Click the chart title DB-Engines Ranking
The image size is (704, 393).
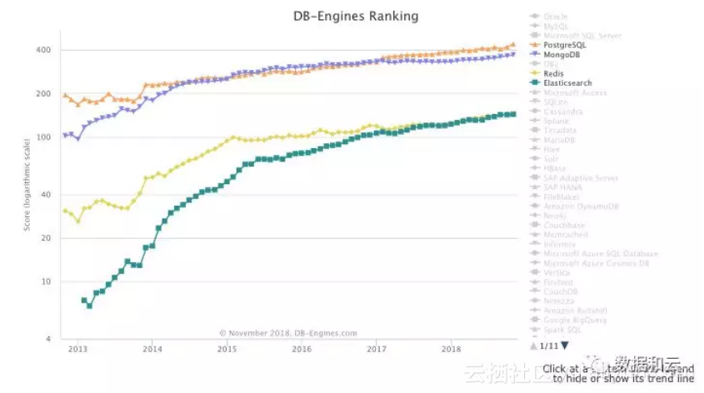356,16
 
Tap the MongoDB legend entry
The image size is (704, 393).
564,54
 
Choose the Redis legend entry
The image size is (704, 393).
555,73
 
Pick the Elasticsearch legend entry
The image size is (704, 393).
569,83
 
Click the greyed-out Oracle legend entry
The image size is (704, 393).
556,17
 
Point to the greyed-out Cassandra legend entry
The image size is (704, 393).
563,112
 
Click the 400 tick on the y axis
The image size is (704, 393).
44,50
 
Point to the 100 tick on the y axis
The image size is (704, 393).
44,137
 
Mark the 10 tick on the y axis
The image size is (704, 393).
47,281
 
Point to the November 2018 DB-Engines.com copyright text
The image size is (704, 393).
288,333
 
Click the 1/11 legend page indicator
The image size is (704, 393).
549,345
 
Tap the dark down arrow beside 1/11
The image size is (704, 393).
565,345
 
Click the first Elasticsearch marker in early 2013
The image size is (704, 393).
84,300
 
